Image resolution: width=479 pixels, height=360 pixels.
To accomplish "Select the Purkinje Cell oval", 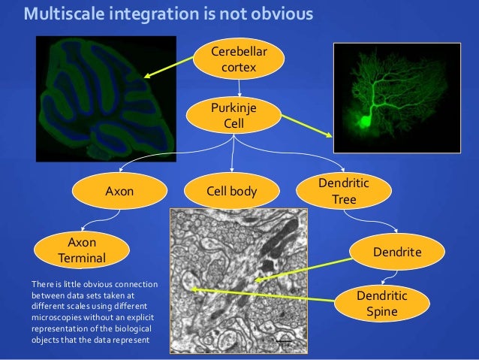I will pyautogui.click(x=234, y=115).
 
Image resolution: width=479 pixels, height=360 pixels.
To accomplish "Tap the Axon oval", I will pyautogui.click(x=119, y=191).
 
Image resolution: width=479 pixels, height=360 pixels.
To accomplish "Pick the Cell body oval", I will pyautogui.click(x=231, y=192).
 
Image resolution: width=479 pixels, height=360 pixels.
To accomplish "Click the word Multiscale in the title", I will pyautogui.click(x=67, y=14).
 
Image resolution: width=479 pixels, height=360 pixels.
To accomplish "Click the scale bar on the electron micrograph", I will pyautogui.click(x=284, y=343).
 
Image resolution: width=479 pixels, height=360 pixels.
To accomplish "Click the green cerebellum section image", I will pyautogui.click(x=105, y=98).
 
